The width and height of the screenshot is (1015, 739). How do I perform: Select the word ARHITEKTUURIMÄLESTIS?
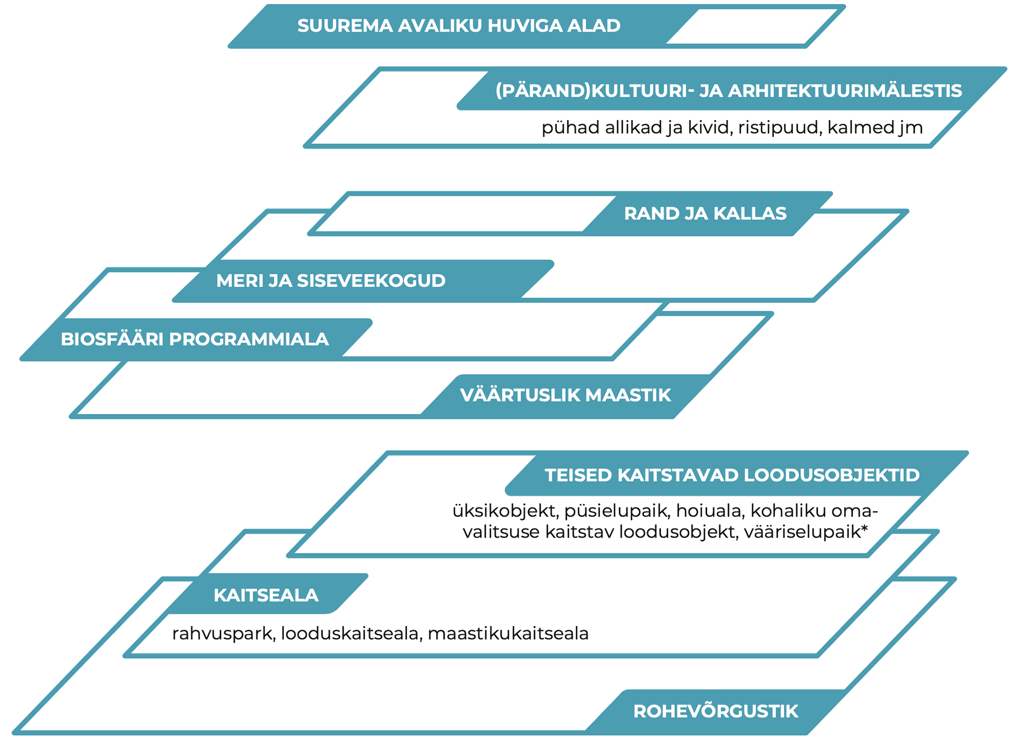845,91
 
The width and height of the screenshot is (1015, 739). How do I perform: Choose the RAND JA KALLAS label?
705,214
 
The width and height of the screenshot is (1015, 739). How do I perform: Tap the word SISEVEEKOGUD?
371,281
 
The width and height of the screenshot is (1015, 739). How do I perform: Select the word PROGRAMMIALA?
248,339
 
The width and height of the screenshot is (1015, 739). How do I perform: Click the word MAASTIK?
628,395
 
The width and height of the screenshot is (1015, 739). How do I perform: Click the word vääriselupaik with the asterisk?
806,532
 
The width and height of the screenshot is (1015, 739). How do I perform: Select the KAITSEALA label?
266,595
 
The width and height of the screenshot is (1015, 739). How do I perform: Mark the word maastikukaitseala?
508,633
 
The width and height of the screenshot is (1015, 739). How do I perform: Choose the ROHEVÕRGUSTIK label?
716,712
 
